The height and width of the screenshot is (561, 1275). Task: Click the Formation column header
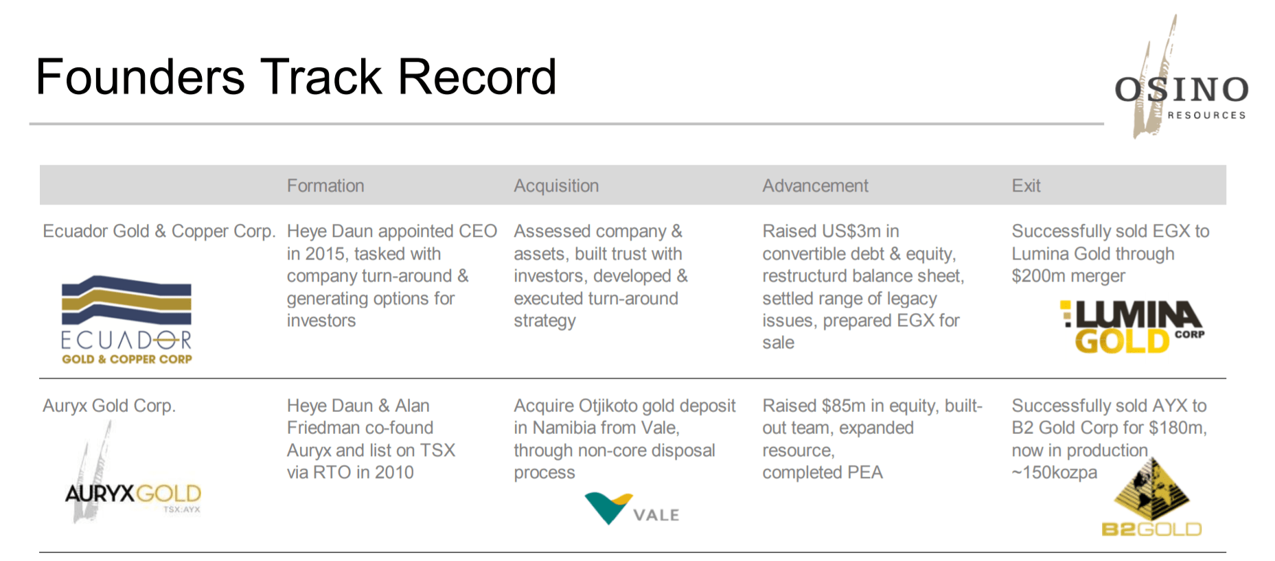[x=325, y=186]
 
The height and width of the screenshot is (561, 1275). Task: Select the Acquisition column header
[x=556, y=186]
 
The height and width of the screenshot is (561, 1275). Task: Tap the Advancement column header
[x=815, y=186]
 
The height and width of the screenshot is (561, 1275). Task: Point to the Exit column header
[x=1026, y=186]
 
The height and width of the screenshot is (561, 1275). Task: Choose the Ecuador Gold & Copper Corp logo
[x=126, y=320]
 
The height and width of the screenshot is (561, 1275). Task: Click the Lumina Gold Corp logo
[x=1132, y=327]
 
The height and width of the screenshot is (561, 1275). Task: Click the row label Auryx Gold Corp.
[x=109, y=406]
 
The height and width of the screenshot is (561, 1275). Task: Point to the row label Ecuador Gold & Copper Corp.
[x=159, y=231]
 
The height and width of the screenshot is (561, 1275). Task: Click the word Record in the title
[x=477, y=76]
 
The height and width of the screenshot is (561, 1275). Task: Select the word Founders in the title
[x=140, y=76]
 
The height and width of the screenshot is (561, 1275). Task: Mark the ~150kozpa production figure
[x=1054, y=473]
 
